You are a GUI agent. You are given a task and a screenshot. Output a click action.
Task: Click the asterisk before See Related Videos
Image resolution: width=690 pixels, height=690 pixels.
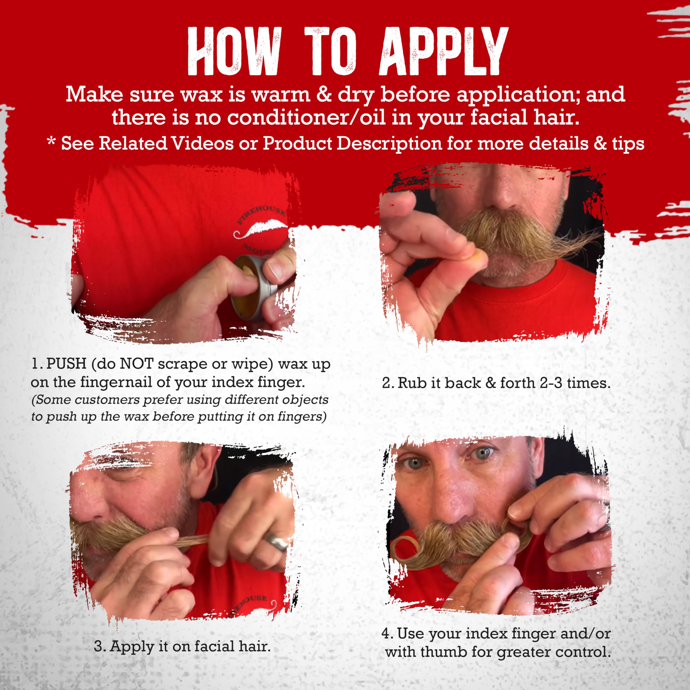click(52, 143)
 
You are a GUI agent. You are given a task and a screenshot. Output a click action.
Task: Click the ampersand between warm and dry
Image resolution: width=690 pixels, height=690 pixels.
click(323, 95)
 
